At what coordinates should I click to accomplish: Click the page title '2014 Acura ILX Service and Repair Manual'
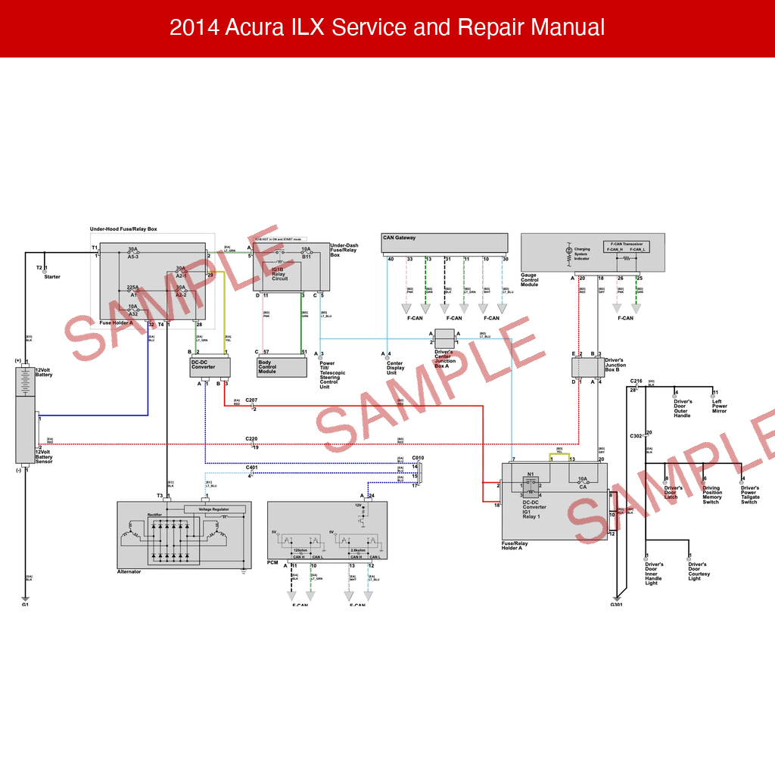click(387, 28)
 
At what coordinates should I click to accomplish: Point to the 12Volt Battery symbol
click(26, 384)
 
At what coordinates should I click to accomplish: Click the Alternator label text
click(129, 572)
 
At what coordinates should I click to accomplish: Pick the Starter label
click(52, 277)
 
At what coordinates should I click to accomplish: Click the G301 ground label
click(616, 605)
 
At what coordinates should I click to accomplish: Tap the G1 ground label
click(25, 605)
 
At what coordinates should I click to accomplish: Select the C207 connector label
click(251, 400)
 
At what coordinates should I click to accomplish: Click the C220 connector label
click(251, 439)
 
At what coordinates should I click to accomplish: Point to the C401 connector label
click(251, 468)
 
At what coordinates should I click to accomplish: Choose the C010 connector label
click(418, 458)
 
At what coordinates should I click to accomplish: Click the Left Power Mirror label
click(720, 406)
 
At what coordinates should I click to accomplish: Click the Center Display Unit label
click(395, 368)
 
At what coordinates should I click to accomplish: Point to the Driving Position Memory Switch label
click(711, 495)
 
